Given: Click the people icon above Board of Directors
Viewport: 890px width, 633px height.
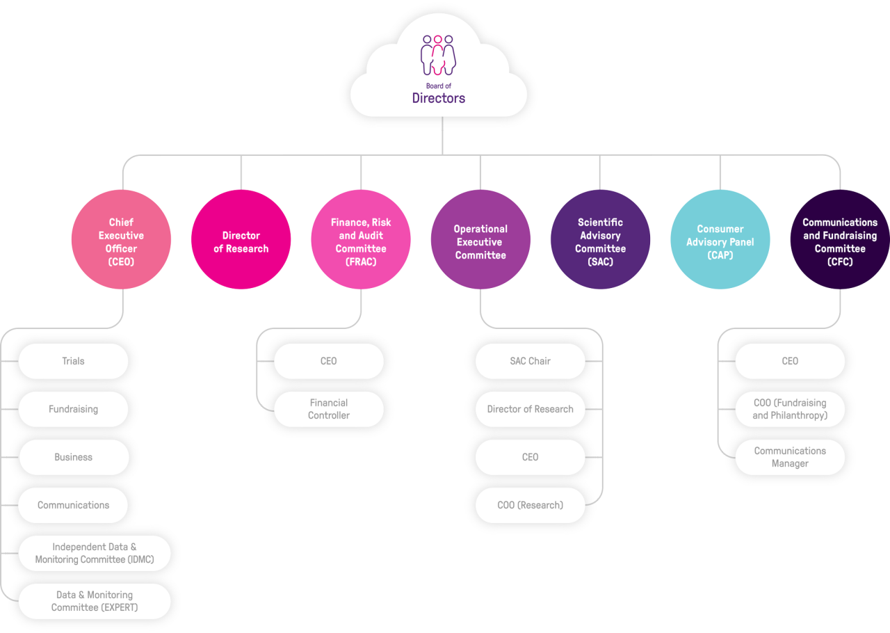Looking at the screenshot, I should [x=438, y=55].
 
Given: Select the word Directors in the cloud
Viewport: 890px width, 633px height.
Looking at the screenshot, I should [x=438, y=98].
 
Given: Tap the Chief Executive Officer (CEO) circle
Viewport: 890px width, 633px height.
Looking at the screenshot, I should [x=122, y=239].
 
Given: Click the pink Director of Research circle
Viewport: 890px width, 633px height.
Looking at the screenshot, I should [x=241, y=239].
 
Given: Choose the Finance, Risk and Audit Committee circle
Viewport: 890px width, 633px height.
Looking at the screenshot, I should [x=361, y=239].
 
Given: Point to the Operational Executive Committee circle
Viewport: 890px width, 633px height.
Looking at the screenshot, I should [x=480, y=239].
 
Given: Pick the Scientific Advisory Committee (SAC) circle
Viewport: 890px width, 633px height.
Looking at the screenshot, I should [x=600, y=239].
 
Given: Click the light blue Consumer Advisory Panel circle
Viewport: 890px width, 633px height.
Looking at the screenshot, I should [x=720, y=239].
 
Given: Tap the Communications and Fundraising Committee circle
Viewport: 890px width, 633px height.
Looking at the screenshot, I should [x=840, y=239].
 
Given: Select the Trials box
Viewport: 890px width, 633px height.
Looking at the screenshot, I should [x=73, y=361].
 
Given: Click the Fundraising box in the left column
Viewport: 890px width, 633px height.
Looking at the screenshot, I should [x=73, y=409].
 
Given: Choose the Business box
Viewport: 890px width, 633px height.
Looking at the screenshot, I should [x=73, y=457].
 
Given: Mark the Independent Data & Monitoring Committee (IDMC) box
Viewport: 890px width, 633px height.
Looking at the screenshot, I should [x=95, y=553].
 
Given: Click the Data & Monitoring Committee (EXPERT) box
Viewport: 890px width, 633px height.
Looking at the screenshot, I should [x=95, y=601].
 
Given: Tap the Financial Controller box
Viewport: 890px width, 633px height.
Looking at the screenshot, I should [x=329, y=409].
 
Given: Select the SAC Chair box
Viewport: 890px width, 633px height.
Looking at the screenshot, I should [x=530, y=361].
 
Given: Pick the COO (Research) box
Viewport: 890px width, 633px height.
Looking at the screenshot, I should [x=530, y=505].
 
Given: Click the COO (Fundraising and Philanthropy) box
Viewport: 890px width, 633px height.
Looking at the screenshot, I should [x=790, y=409].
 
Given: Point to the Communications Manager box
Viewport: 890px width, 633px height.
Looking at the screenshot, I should [x=790, y=457].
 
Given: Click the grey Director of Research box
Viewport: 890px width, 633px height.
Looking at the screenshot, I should [x=530, y=409].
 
